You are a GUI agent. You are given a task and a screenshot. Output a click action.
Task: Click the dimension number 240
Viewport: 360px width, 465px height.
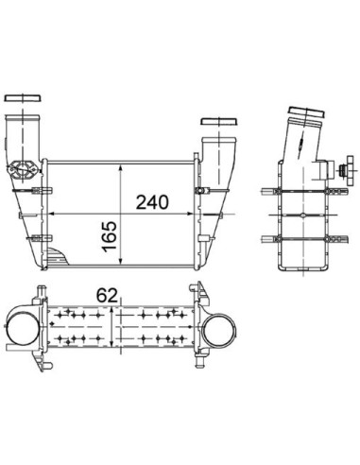[152, 202]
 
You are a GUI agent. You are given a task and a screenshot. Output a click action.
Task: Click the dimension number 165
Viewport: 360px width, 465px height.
[110, 237]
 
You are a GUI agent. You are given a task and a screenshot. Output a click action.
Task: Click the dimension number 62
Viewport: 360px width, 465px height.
[107, 295]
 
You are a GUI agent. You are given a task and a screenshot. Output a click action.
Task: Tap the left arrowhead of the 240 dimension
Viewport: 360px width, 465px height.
[52, 214]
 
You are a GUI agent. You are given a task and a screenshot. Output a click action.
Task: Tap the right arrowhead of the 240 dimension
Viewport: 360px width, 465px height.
[189, 214]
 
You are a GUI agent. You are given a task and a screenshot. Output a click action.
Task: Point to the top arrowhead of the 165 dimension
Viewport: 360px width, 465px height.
[120, 168]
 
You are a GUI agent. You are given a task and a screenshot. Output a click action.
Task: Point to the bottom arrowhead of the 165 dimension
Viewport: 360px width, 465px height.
[120, 261]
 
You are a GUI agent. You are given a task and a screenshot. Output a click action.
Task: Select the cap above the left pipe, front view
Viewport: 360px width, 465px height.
[23, 97]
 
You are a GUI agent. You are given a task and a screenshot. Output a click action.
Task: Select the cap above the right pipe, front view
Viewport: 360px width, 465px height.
[219, 122]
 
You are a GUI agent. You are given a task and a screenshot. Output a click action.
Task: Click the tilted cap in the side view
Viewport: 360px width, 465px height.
[306, 112]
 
